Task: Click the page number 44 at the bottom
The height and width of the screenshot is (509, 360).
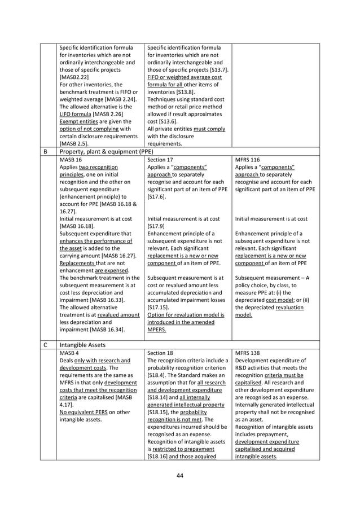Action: click(x=180, y=476)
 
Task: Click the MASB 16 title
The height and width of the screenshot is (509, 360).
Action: click(x=70, y=160)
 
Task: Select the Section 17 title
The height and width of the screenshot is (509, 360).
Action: click(x=160, y=160)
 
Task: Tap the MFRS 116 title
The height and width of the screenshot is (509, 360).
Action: click(x=249, y=160)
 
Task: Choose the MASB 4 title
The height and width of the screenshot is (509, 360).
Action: click(x=68, y=353)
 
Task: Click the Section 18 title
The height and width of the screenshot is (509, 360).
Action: click(x=160, y=353)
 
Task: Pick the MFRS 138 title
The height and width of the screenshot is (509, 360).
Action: click(x=249, y=353)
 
